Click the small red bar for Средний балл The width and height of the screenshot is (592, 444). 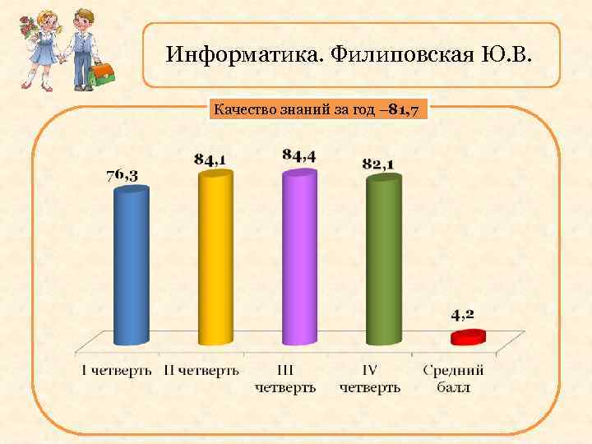pos(466,336)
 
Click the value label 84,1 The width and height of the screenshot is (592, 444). pos(211,159)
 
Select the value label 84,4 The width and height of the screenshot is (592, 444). pos(299,155)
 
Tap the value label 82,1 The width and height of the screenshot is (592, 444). pos(378,164)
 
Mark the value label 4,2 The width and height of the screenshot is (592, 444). pos(462,313)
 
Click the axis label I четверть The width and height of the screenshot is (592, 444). pos(117,370)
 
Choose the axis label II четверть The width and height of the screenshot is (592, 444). pos(201,370)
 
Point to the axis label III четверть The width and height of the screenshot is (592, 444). pos(285,378)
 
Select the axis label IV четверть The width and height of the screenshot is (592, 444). pos(370,378)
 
